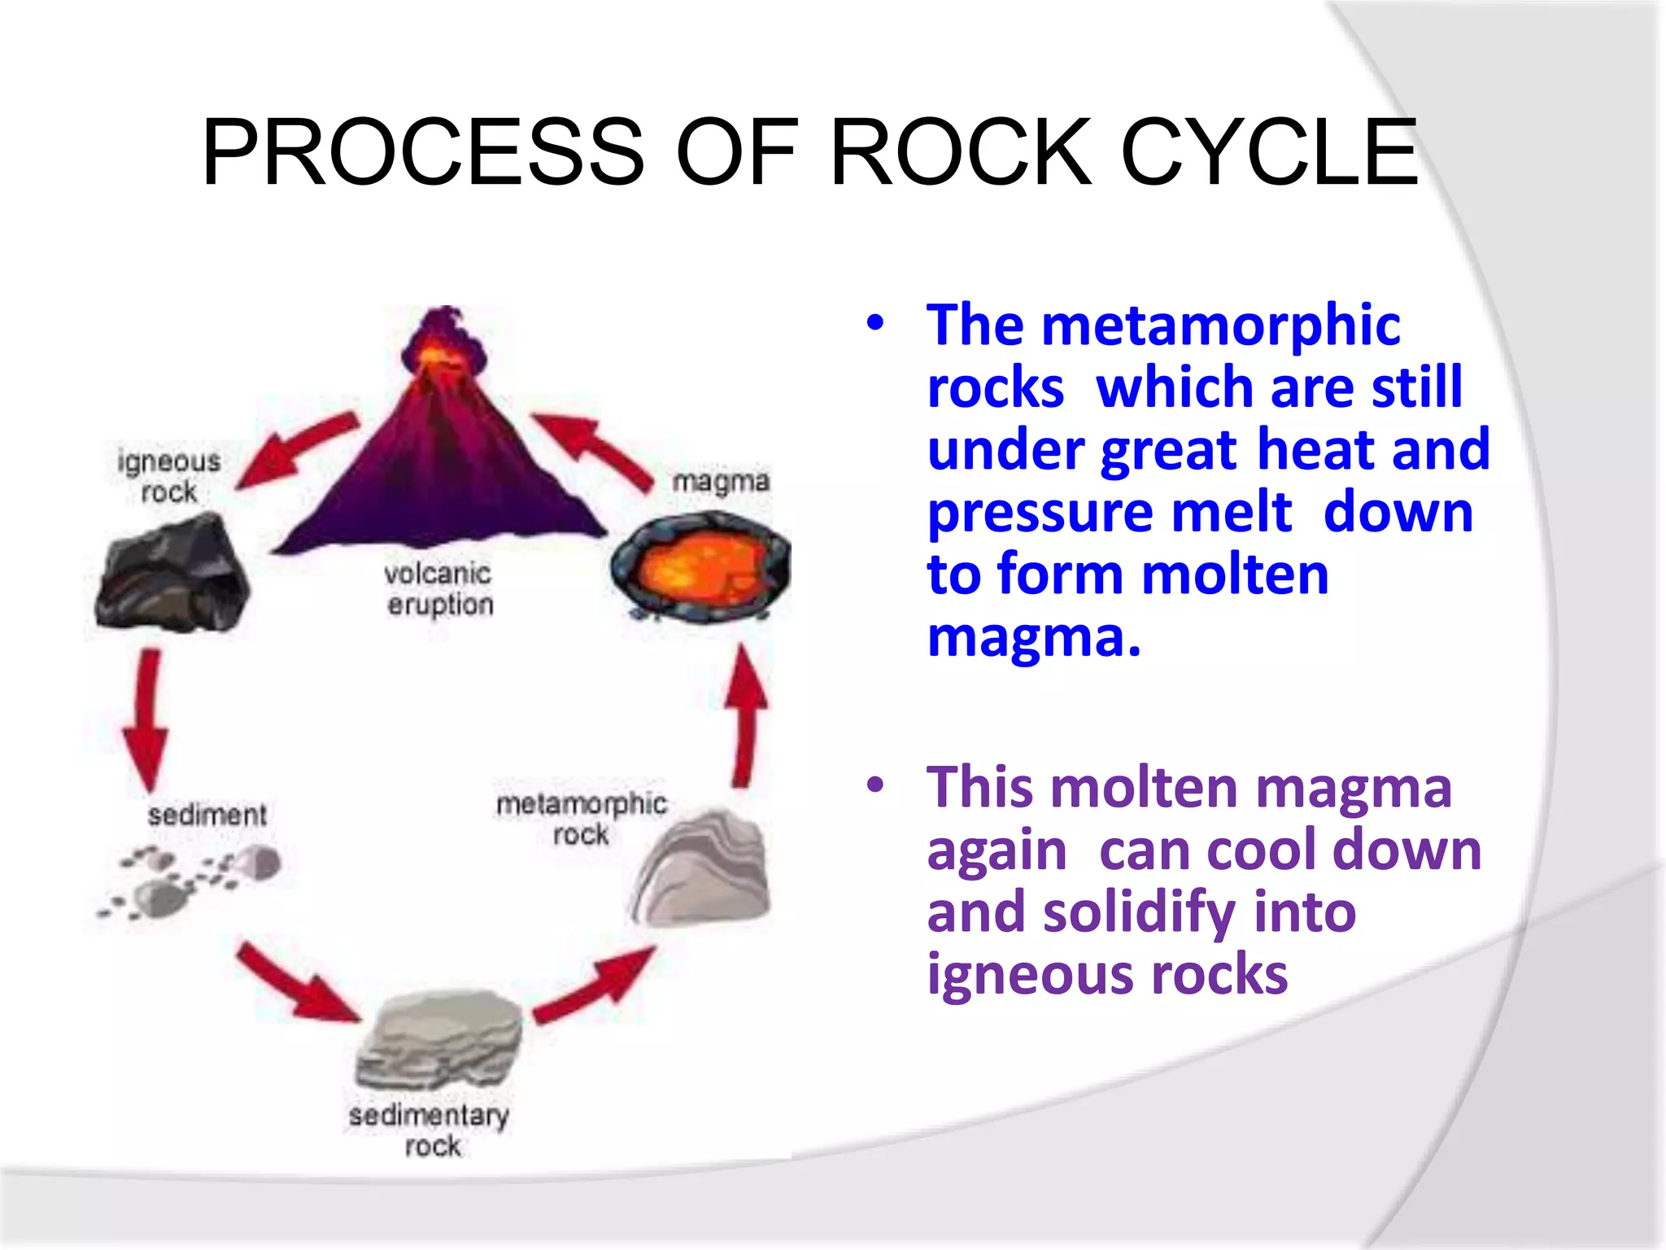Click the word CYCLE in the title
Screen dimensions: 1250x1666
coord(1269,153)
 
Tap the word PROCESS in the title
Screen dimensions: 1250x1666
coord(423,153)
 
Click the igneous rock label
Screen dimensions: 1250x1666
coord(168,477)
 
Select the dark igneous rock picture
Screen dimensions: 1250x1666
coord(171,575)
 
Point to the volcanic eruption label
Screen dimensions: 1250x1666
coord(439,589)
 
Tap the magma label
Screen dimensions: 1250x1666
coord(721,481)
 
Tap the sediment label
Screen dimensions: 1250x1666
coord(207,815)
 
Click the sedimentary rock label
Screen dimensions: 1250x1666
coord(430,1130)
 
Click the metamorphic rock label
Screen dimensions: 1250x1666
coord(581,819)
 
